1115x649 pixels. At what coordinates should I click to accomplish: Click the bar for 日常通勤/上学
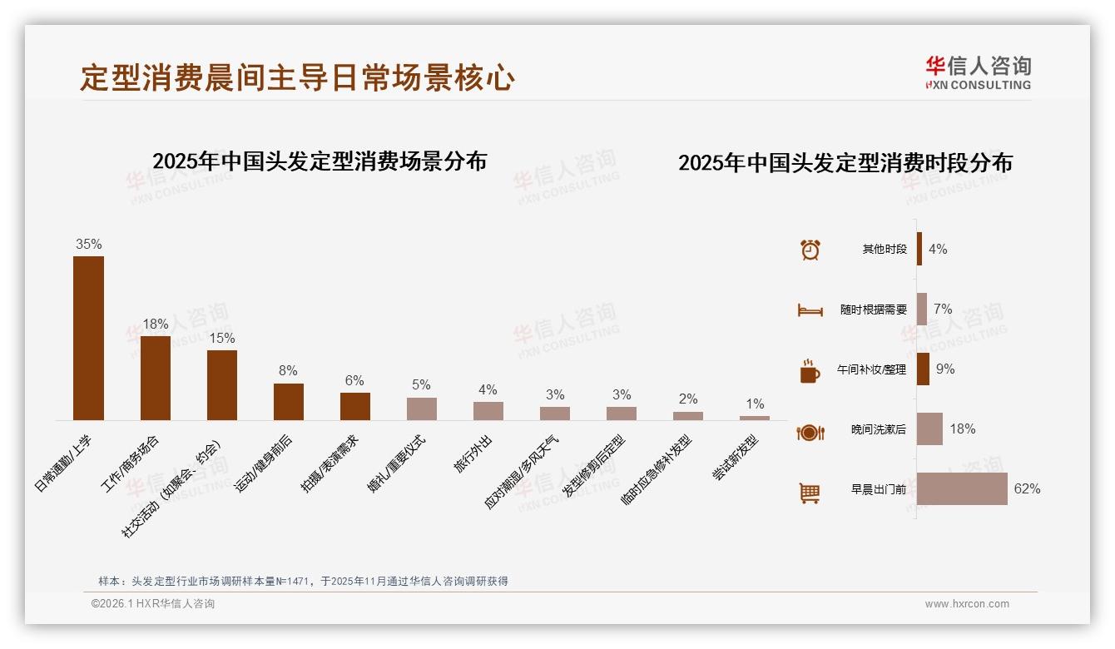[89, 338]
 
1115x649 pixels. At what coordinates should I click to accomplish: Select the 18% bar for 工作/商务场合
[156, 378]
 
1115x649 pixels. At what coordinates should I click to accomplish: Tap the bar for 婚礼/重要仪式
[422, 409]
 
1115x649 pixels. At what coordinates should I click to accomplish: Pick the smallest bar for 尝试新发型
[755, 418]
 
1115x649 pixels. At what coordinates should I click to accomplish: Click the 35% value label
[89, 245]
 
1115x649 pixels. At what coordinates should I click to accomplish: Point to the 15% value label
[222, 339]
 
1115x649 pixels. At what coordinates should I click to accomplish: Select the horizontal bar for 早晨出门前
[962, 489]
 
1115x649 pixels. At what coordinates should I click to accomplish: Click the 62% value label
[1027, 489]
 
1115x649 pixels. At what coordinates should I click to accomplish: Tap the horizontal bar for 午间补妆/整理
[923, 369]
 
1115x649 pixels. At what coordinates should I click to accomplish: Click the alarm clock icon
[810, 250]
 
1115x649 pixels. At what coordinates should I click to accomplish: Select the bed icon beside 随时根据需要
[810, 310]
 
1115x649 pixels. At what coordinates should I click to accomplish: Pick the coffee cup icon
[810, 371]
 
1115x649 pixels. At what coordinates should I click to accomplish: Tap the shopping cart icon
[810, 493]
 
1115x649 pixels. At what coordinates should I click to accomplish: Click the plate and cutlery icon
[810, 432]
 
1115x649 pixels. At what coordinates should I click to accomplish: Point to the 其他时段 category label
[885, 250]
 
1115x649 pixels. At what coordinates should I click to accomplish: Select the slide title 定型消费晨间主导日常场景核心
[297, 78]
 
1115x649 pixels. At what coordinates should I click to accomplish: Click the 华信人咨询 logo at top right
[978, 72]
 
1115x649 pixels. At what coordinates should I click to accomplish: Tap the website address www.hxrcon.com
[967, 604]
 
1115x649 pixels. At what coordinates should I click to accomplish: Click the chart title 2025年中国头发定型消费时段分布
[845, 163]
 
